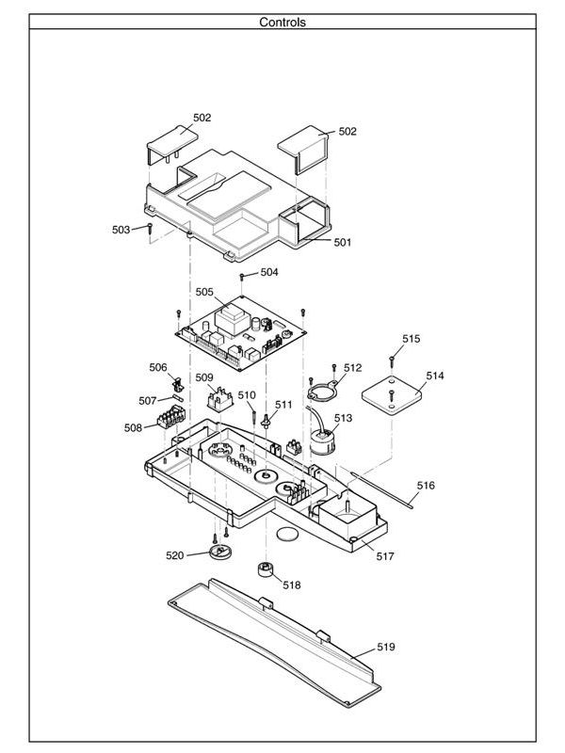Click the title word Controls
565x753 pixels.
point(282,22)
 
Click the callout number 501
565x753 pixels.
point(342,242)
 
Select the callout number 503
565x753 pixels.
point(121,230)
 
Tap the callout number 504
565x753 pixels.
point(269,272)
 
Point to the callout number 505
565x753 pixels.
point(205,293)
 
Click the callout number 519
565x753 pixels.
point(386,648)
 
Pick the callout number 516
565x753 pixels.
point(426,486)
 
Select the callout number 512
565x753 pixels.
point(352,368)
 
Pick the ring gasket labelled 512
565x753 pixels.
point(322,390)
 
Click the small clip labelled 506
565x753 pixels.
point(176,384)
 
